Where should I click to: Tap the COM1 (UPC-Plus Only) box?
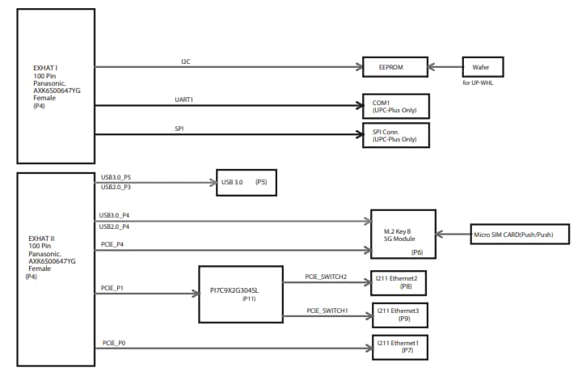[x=396, y=106]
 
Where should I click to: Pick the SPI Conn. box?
[x=396, y=135]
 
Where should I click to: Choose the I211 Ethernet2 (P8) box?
[x=398, y=281]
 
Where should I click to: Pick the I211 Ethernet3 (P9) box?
[x=398, y=314]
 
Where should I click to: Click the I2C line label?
[x=185, y=61]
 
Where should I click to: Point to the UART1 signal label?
[x=185, y=99]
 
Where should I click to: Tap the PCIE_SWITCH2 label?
[x=326, y=277]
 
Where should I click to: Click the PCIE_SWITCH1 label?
[x=326, y=311]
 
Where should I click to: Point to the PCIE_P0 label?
[x=113, y=343]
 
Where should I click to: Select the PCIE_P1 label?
[x=112, y=288]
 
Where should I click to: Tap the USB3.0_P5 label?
[x=116, y=177]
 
